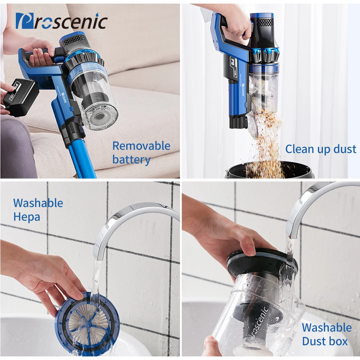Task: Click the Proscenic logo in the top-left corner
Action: point(62,21)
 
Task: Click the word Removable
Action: point(141,146)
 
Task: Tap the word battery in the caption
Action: point(131,159)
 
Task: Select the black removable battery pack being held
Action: point(21,98)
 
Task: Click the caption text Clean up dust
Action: point(321,149)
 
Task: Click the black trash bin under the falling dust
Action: point(270,170)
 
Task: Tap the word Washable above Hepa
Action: point(38,203)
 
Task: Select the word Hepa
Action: point(27,217)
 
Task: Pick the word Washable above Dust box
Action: point(327,327)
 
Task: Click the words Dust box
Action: point(325,341)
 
